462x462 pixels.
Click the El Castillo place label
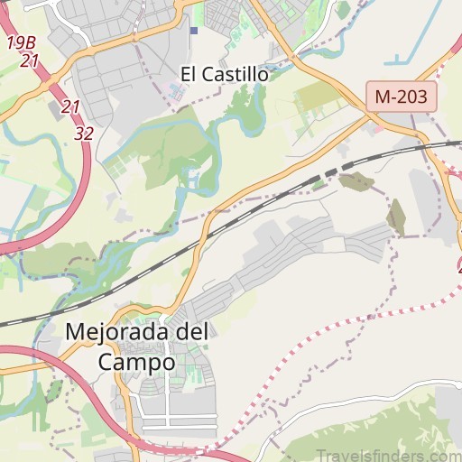[x=225, y=74]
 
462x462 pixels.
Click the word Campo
[x=136, y=362]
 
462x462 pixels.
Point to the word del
[x=191, y=332]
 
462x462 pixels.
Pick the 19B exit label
[x=22, y=42]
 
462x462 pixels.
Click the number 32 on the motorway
[x=85, y=133]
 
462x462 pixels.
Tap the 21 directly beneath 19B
[x=30, y=61]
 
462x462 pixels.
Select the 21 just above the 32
[x=71, y=107]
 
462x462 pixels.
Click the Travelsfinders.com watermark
[x=398, y=446]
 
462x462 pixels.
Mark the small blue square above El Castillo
[x=194, y=30]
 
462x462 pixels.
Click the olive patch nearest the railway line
[x=356, y=181]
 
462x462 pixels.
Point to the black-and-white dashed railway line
[x=271, y=199]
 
